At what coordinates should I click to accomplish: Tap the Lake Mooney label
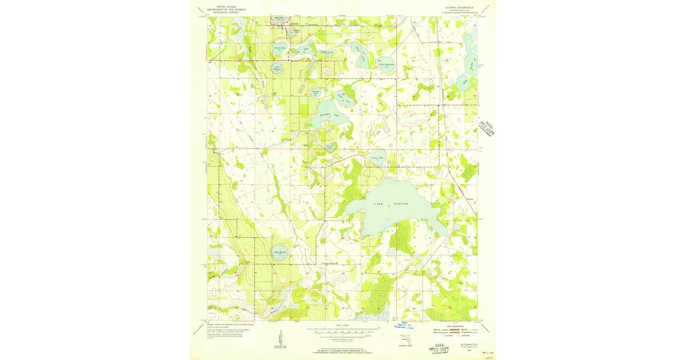pyautogui.click(x=280, y=252)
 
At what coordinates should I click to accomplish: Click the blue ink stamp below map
pyautogui.click(x=408, y=326)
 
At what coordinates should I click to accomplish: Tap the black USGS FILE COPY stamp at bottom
pyautogui.click(x=438, y=347)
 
